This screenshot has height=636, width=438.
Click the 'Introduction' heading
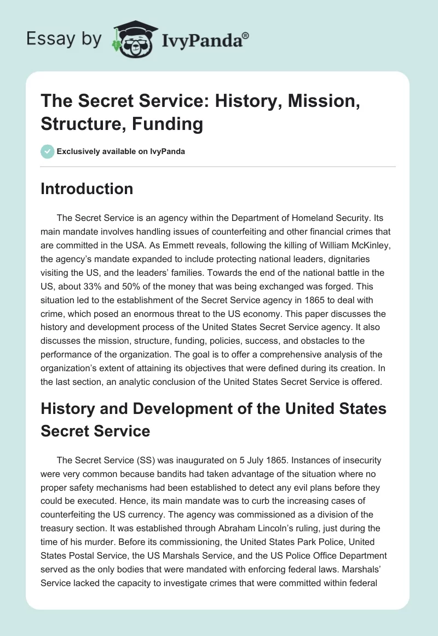click(87, 189)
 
